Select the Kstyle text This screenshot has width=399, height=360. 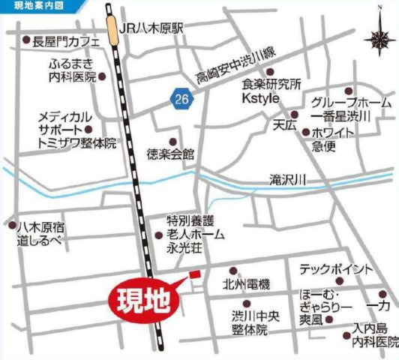[x=259, y=97]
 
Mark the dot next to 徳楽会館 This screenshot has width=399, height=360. [x=174, y=141]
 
